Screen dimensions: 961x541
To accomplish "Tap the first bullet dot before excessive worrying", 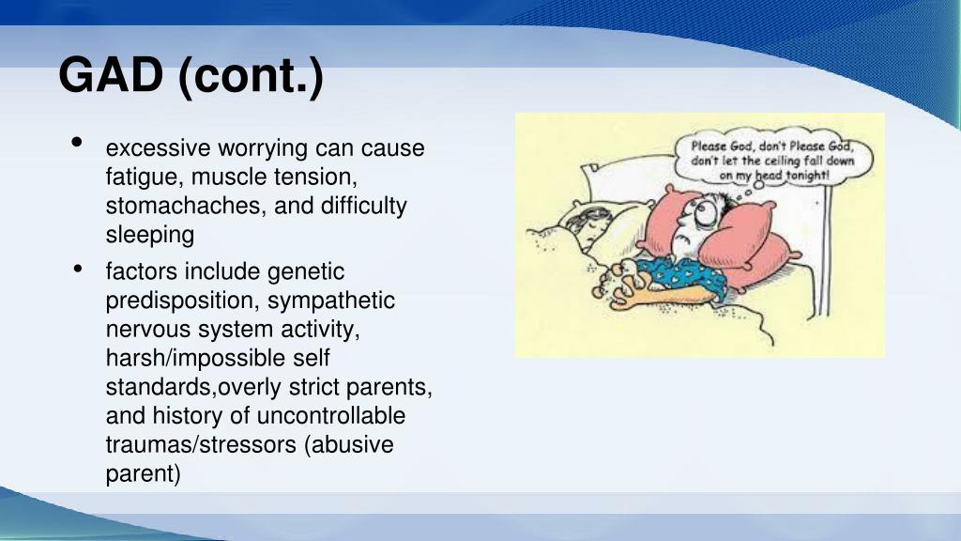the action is [x=75, y=143].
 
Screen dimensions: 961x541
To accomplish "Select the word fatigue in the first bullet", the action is [x=138, y=177].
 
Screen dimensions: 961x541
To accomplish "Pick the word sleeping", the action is [x=149, y=234].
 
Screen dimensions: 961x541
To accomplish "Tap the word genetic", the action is [x=307, y=272].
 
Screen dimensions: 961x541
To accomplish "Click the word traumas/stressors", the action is [x=201, y=444].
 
